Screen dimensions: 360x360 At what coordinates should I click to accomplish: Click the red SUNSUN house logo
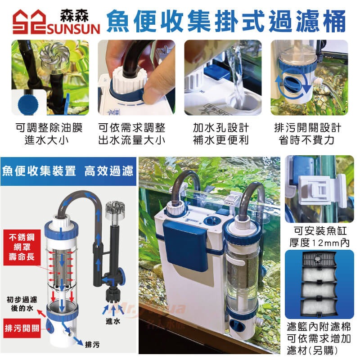[29, 22]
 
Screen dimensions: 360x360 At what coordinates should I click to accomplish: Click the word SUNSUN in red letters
[73, 29]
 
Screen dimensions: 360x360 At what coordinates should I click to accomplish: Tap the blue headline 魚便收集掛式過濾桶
[226, 21]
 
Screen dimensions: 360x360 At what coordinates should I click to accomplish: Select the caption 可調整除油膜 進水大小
[49, 134]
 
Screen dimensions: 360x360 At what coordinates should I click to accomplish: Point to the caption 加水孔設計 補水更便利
[221, 134]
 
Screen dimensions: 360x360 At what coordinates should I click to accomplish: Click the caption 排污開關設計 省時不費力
[308, 134]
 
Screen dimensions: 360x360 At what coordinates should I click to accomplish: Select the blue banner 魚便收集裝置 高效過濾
[68, 171]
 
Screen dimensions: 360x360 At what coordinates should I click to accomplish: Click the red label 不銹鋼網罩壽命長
[22, 247]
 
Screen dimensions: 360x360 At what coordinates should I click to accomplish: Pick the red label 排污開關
[22, 328]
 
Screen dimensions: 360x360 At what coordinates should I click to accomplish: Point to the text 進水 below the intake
[113, 321]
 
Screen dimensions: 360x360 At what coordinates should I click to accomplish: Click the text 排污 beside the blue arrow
[92, 344]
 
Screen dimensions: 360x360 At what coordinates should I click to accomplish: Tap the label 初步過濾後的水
[22, 304]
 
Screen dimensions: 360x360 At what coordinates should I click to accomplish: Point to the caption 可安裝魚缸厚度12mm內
[319, 237]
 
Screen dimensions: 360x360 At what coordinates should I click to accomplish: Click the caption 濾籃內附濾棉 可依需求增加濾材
[319, 338]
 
